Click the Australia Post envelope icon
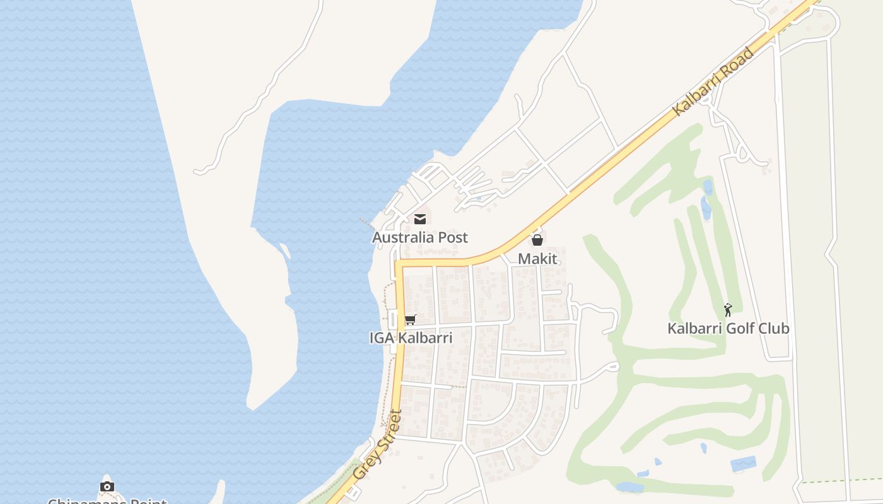pyautogui.click(x=420, y=219)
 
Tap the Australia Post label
pyautogui.click(x=420, y=238)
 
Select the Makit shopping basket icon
pyautogui.click(x=537, y=240)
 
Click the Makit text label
pyautogui.click(x=537, y=258)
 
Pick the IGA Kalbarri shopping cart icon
pyautogui.click(x=411, y=320)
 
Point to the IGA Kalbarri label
pyautogui.click(x=411, y=338)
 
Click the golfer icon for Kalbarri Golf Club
pyautogui.click(x=728, y=310)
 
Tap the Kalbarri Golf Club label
pyautogui.click(x=728, y=328)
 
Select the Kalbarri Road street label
pyautogui.click(x=713, y=81)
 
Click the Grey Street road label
pyautogui.click(x=377, y=444)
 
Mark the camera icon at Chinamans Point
pyautogui.click(x=107, y=486)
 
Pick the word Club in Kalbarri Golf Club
pyautogui.click(x=775, y=328)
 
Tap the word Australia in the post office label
pyautogui.click(x=404, y=238)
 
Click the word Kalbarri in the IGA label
pyautogui.click(x=426, y=338)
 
